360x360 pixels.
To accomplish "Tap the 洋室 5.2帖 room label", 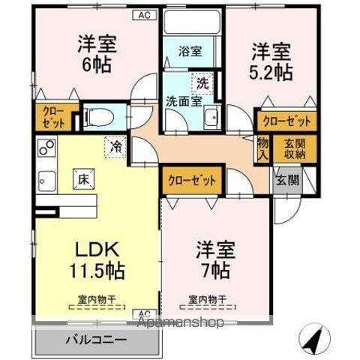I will (x=271, y=61).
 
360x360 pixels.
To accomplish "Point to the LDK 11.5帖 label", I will (x=97, y=258).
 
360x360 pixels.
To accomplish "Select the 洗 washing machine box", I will (x=202, y=82).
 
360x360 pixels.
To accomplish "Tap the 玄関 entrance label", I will (x=286, y=179).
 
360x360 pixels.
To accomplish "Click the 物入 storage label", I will (x=262, y=149).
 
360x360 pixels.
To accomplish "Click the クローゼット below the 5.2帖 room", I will (x=286, y=119).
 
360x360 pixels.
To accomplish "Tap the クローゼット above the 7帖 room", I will (x=191, y=180).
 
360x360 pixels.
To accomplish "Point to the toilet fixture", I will (x=97, y=116).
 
